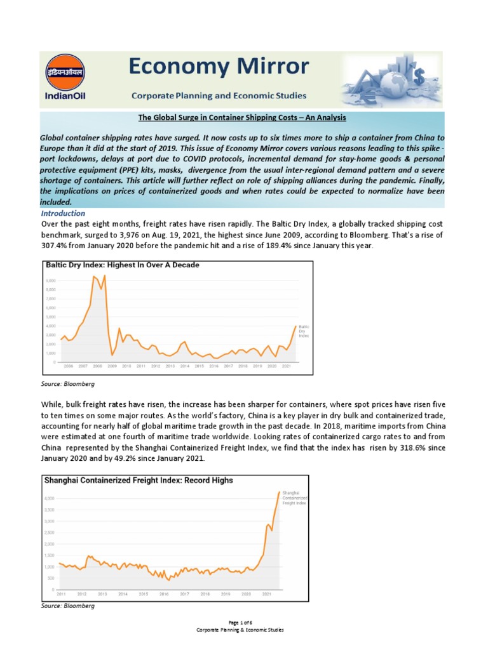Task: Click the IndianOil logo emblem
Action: pyautogui.click(x=62, y=71)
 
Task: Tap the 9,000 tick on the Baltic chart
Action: pyautogui.click(x=51, y=280)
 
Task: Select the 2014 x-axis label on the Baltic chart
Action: pyautogui.click(x=184, y=366)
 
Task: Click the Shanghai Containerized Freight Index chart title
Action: pyautogui.click(x=138, y=481)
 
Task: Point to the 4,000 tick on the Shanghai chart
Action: pyautogui.click(x=49, y=498)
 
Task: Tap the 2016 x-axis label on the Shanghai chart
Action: pyautogui.click(x=163, y=594)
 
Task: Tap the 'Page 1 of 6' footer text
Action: pyautogui.click(x=243, y=623)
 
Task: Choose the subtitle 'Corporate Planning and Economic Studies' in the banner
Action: pyautogui.click(x=219, y=96)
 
